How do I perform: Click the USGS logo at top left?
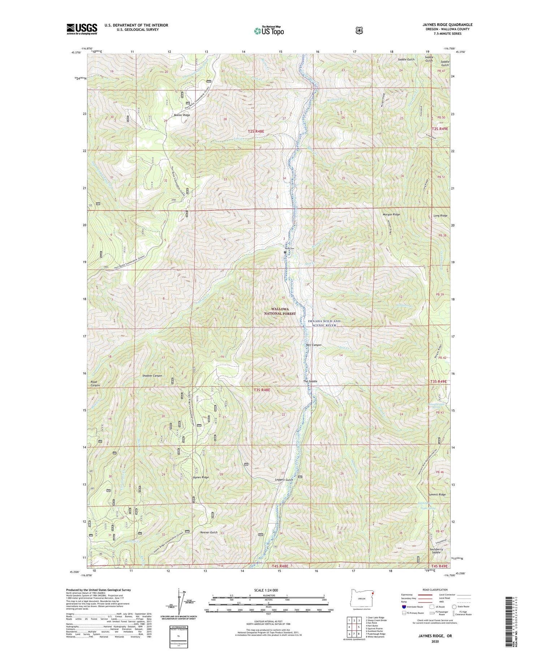pos(82,29)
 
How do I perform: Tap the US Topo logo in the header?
pos(269,31)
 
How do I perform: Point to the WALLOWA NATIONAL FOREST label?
pos(284,311)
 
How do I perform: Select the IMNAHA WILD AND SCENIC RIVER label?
pos(323,323)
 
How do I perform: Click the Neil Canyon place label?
pos(313,345)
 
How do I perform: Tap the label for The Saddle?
pos(310,381)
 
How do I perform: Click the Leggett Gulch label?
pos(284,479)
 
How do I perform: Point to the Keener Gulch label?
pos(209,532)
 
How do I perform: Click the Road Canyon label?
pos(95,383)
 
